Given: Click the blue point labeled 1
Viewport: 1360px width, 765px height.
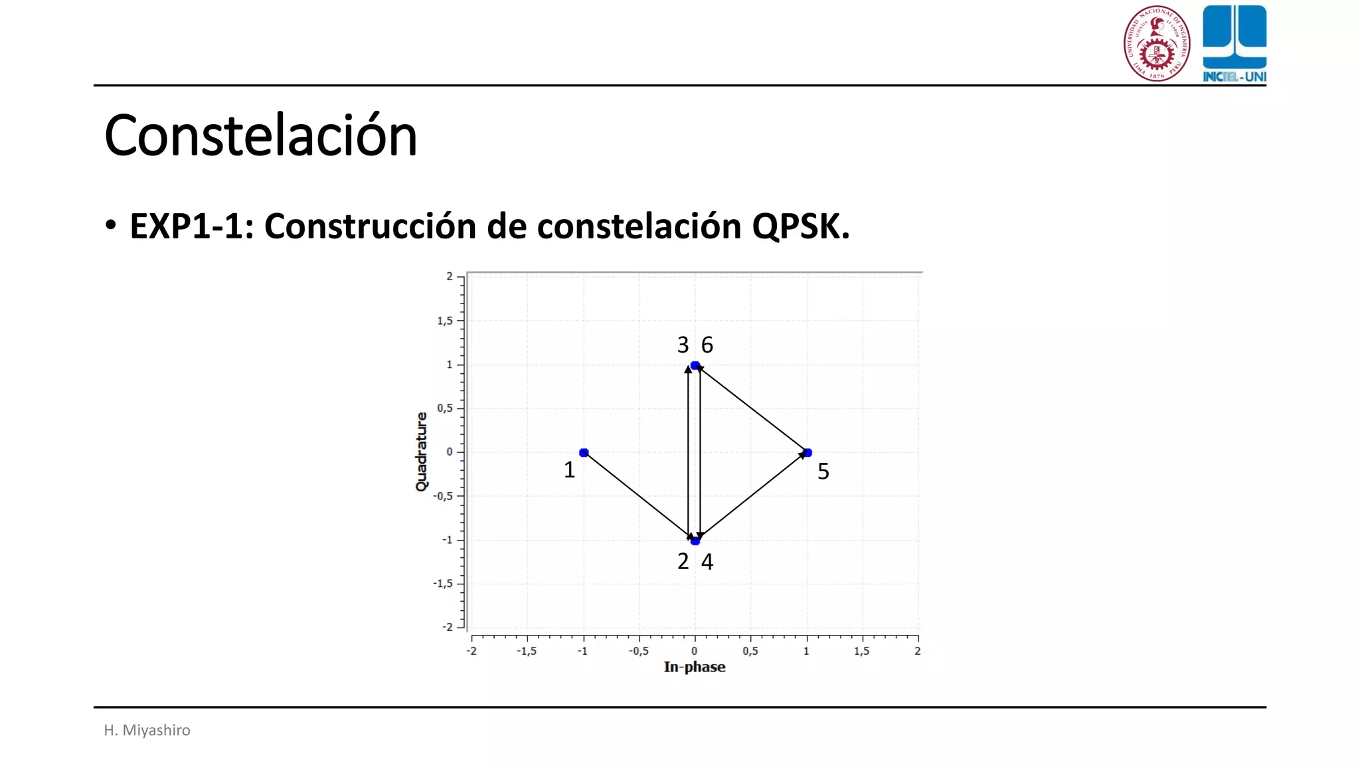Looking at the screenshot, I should [584, 453].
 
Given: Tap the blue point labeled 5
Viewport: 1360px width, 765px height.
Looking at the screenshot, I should [807, 453].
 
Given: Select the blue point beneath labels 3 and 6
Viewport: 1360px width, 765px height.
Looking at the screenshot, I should [695, 365].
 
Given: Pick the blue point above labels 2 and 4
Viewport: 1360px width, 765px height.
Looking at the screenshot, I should [695, 541].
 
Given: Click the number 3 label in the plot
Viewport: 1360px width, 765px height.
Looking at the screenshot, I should [683, 345].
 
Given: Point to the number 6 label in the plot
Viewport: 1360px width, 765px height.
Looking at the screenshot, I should [707, 345].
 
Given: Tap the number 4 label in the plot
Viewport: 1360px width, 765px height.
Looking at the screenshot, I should [707, 562].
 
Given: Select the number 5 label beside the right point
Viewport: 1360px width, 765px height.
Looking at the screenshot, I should [823, 471].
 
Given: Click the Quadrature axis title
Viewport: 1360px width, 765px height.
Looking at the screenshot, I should [422, 452].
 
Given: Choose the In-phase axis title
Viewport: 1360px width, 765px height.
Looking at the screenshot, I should [694, 667].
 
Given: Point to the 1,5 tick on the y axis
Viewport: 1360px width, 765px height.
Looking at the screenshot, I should [444, 321].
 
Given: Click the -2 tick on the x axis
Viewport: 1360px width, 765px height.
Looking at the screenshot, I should [471, 651].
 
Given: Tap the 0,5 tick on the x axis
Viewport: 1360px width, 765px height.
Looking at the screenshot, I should [750, 651].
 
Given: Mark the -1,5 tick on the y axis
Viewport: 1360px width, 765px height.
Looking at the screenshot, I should [443, 584].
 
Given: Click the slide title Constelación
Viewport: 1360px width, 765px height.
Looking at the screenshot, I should [260, 135].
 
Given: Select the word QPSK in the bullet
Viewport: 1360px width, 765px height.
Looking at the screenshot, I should [800, 226].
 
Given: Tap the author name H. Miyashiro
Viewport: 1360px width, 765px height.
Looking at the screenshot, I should [147, 730].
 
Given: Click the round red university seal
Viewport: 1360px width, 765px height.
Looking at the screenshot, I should [1157, 43].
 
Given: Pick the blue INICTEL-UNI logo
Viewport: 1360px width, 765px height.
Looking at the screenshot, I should [1234, 43].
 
